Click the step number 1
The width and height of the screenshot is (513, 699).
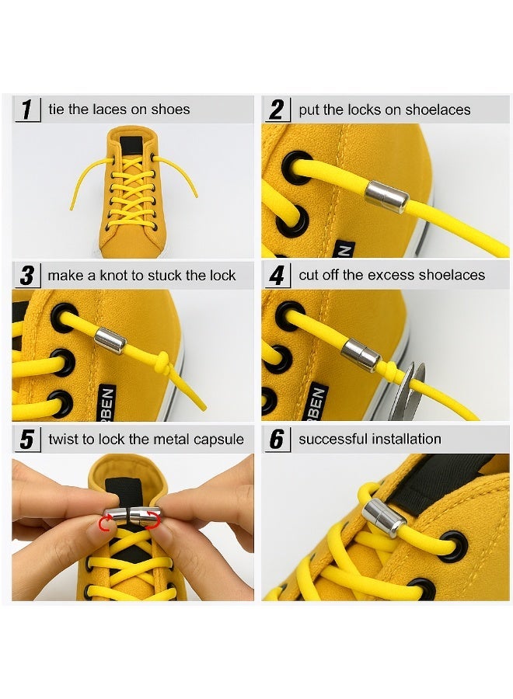click(26, 110)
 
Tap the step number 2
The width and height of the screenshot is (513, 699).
click(277, 110)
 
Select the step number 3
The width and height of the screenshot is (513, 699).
click(26, 275)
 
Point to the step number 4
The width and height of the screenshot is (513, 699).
click(277, 275)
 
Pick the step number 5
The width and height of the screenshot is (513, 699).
click(26, 439)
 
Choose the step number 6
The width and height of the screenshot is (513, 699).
click(277, 439)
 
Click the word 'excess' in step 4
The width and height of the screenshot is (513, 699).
click(382, 275)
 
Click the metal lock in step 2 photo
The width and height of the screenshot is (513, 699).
click(386, 196)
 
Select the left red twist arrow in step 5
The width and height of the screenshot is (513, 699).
click(105, 523)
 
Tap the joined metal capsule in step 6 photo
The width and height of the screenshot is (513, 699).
click(384, 518)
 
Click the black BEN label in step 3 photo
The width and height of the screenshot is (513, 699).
click(107, 402)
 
